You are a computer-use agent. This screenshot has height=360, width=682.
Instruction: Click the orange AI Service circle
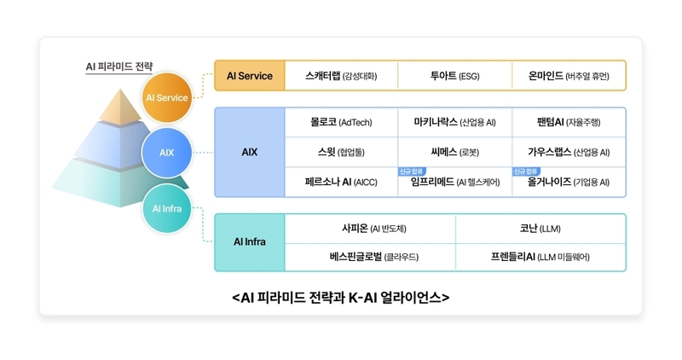[x=166, y=97]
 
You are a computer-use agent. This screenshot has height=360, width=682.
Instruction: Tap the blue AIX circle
[x=166, y=153]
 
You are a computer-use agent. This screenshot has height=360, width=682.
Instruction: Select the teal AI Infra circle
[x=166, y=208]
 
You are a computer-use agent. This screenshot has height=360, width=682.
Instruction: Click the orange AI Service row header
[x=250, y=76]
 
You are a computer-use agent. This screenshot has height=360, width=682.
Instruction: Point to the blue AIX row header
[x=250, y=152]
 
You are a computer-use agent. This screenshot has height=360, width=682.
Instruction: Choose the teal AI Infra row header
[x=250, y=242]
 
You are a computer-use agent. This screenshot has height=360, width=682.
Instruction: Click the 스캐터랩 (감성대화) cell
[x=341, y=76]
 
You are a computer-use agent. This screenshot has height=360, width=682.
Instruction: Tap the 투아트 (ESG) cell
[x=454, y=76]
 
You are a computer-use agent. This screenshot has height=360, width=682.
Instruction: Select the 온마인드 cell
[x=569, y=76]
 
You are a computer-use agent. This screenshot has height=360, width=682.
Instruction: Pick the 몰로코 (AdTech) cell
[x=341, y=122]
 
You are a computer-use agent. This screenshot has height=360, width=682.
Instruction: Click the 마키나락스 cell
[x=454, y=122]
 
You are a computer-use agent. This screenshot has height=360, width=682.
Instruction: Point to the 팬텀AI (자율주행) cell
[x=569, y=122]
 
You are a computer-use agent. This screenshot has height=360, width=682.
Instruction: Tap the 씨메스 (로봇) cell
[x=454, y=152]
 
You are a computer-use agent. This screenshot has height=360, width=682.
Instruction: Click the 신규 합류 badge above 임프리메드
[x=412, y=171]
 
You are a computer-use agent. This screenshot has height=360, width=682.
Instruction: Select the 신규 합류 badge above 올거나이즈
[x=526, y=171]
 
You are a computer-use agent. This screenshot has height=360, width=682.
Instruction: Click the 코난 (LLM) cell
[x=540, y=229]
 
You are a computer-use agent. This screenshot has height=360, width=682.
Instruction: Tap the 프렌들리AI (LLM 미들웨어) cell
[x=540, y=257]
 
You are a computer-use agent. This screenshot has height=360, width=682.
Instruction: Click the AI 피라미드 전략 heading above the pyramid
[x=118, y=67]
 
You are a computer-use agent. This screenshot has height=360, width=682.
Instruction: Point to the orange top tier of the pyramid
[x=120, y=107]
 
